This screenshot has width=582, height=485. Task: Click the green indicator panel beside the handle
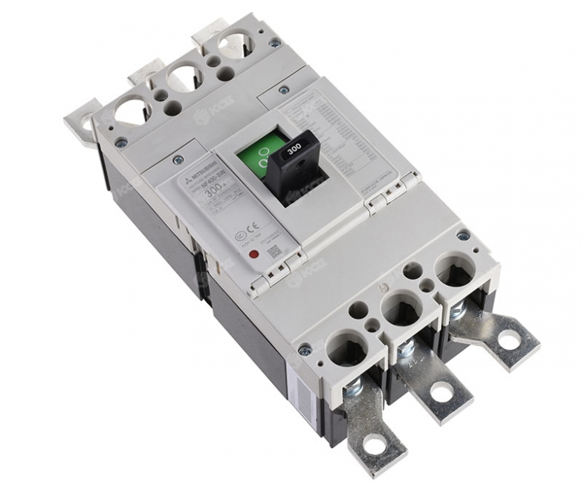tap(261, 156)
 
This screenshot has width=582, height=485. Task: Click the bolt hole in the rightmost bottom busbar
tap(509, 339)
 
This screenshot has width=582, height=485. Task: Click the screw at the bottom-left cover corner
tap(304, 349)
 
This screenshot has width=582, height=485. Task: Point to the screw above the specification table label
tap(283, 90)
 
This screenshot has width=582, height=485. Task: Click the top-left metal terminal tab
tap(80, 119)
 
